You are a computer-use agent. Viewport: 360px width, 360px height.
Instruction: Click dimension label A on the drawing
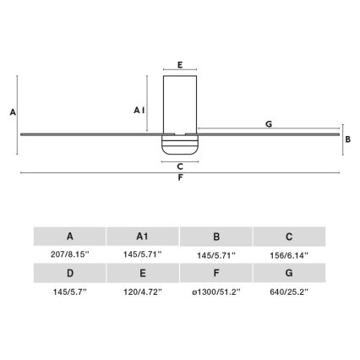coord(11,112)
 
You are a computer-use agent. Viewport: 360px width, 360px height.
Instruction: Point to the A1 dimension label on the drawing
coord(140,110)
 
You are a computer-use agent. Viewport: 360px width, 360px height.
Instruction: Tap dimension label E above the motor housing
coord(180,63)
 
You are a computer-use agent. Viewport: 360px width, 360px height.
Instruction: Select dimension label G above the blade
coord(268,124)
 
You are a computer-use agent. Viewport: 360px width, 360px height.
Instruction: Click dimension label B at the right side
coord(347,141)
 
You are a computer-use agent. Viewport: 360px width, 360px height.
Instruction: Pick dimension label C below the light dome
coord(180,166)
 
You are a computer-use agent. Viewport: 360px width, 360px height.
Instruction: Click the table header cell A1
coord(143,237)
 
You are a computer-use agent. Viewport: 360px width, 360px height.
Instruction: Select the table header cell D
coord(69,272)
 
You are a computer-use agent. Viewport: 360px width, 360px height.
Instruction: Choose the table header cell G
coord(289,272)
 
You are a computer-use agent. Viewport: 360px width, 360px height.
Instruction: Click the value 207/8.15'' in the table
coord(69,254)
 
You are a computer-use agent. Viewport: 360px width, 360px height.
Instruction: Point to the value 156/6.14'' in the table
coord(289,254)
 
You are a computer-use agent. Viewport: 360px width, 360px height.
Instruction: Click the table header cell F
coord(216,272)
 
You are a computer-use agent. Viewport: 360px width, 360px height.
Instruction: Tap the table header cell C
coord(289,237)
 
